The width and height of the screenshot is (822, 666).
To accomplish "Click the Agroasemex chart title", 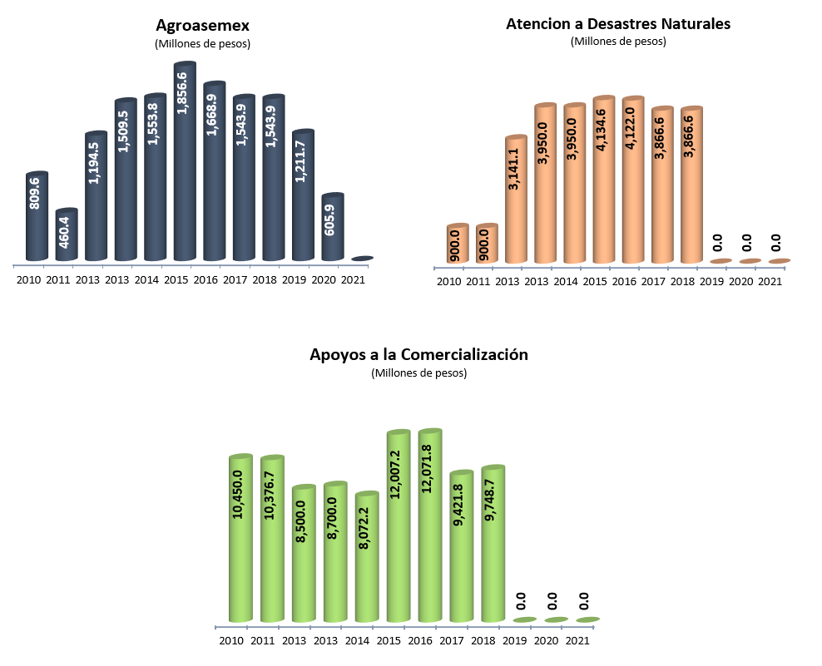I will coord(202,25).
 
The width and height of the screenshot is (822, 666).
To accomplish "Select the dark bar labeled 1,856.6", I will coord(185,166).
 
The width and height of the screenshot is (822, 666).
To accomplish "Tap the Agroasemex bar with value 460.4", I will coord(67,237).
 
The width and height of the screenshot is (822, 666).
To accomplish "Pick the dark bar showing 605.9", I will coord(333,229).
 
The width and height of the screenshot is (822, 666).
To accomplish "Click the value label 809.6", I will coord(35,192).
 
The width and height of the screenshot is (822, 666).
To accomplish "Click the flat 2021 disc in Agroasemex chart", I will coord(362,259).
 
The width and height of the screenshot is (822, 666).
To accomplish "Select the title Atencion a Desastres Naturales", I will coord(618,24).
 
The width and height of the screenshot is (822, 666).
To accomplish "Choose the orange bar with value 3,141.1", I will coord(516,200).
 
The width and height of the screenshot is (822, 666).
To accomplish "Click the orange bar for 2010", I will coord(457,244).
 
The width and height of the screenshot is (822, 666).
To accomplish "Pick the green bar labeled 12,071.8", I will coord(430,528).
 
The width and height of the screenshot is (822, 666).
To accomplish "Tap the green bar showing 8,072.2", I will coord(367,557).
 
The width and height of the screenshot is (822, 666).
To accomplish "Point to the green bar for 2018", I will coord(493,545).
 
